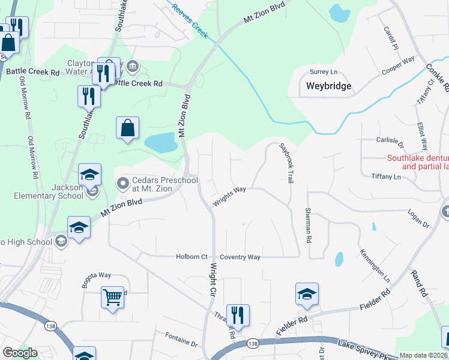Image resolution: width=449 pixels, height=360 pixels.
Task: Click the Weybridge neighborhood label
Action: [x=328, y=86]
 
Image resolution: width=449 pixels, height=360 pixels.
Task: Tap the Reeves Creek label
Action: [x=190, y=22]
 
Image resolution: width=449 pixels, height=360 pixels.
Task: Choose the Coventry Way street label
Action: [x=240, y=257]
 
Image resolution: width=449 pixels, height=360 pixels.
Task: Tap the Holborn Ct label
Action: [x=191, y=257]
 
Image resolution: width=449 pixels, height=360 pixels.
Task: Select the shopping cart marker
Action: [x=113, y=297]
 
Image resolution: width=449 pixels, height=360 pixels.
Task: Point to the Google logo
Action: [x=20, y=353]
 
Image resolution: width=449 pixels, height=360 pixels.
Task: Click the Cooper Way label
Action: [x=399, y=67]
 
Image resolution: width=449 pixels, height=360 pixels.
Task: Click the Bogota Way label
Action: [x=97, y=275]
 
